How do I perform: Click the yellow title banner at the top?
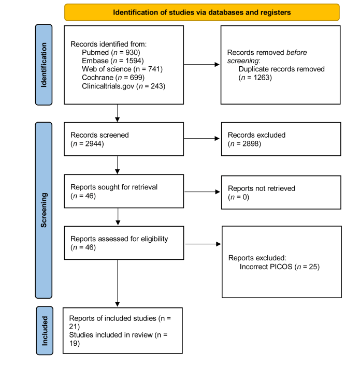point(202,12)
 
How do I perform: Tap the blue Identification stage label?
point(44,65)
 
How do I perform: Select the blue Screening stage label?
point(44,210)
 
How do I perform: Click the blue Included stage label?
point(45,331)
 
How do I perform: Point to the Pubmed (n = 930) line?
point(111,52)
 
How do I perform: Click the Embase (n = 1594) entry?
point(113,61)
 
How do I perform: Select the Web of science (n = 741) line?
point(122,69)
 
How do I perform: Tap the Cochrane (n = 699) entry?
point(113,78)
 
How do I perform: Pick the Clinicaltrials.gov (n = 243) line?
point(123,86)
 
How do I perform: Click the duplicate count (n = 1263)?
point(255,78)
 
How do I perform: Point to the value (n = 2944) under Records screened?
point(87,144)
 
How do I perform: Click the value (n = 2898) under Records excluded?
point(244,144)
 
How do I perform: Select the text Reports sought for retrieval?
point(114,187)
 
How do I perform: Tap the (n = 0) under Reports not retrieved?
point(238,197)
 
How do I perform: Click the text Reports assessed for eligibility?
point(119,239)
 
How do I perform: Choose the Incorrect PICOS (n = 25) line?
point(279,267)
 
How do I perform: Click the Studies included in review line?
point(118,339)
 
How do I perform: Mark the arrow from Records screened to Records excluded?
point(201,139)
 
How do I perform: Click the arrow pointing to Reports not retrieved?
point(202,192)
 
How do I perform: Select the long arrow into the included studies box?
point(118,283)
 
